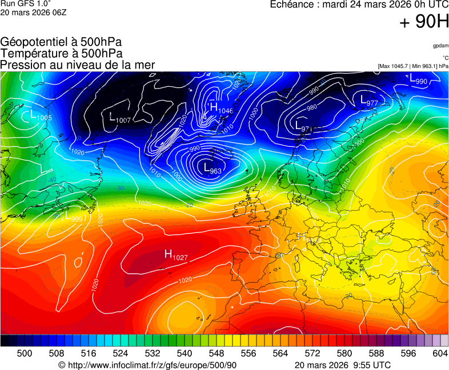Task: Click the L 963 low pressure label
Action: (213, 168)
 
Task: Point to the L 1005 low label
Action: (41, 116)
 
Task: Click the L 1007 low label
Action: (120, 118)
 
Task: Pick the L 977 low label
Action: (369, 100)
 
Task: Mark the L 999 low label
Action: (74, 218)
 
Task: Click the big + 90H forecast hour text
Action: (424, 22)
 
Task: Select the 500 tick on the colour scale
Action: (25, 353)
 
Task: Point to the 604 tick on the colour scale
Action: (440, 353)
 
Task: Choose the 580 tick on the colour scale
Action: (344, 353)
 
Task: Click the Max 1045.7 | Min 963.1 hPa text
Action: (413, 66)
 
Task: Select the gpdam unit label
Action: (440, 45)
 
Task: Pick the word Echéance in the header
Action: (293, 5)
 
